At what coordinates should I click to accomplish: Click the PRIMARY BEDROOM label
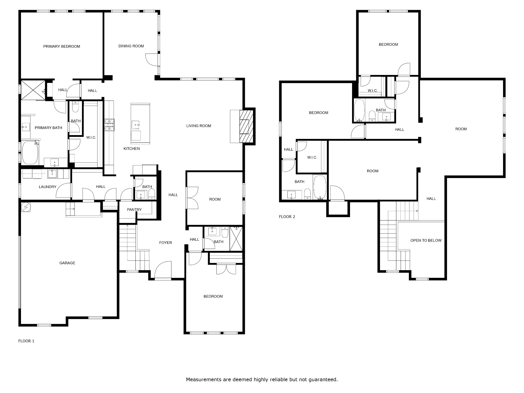pyautogui.click(x=62, y=46)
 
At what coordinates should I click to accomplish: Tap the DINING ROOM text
pyautogui.click(x=131, y=46)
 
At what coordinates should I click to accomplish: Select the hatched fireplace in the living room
pyautogui.click(x=246, y=126)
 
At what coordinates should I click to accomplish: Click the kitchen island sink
pyautogui.click(x=136, y=125)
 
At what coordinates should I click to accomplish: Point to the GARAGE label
pyautogui.click(x=67, y=263)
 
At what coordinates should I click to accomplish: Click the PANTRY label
pyautogui.click(x=134, y=210)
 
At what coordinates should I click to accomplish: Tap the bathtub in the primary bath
pyautogui.click(x=30, y=153)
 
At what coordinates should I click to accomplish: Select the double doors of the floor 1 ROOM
pyautogui.click(x=192, y=198)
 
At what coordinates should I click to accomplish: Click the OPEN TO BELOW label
pyautogui.click(x=426, y=240)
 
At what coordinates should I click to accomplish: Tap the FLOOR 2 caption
pyautogui.click(x=287, y=217)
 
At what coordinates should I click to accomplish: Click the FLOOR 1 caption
pyautogui.click(x=26, y=341)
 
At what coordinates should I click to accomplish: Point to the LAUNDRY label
pyautogui.click(x=48, y=187)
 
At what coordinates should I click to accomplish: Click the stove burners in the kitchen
pyautogui.click(x=109, y=125)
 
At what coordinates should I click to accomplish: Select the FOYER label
pyautogui.click(x=166, y=243)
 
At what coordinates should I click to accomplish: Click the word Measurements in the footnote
pyautogui.click(x=203, y=379)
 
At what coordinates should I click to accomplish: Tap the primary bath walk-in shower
pyautogui.click(x=33, y=90)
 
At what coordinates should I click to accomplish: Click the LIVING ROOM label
pyautogui.click(x=199, y=126)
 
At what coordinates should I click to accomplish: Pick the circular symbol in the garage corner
pyautogui.click(x=26, y=207)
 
